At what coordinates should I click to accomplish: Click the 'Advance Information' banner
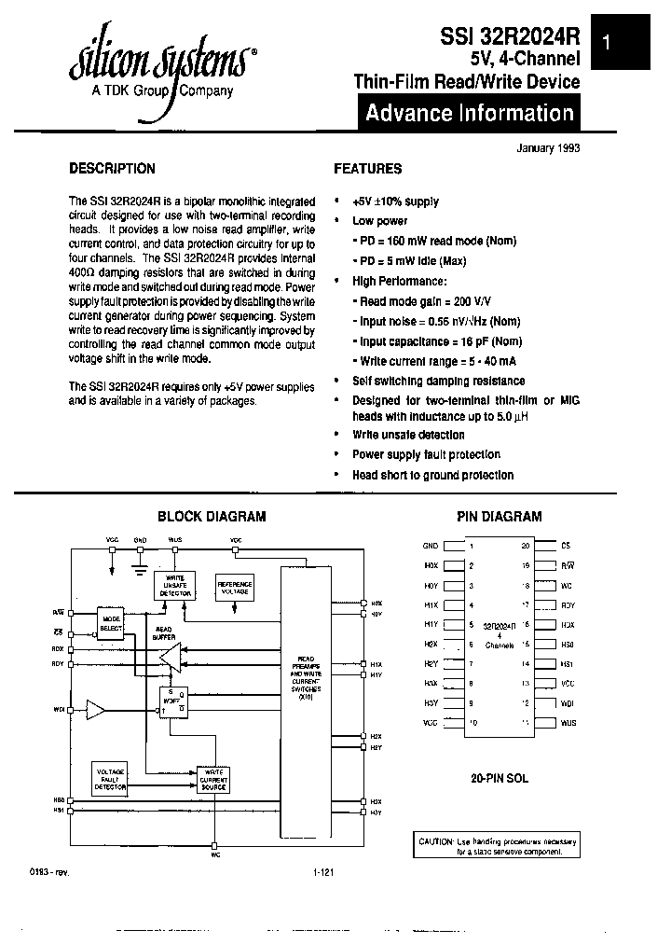(469, 114)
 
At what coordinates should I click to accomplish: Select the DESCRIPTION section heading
(113, 169)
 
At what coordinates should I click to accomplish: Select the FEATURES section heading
(368, 169)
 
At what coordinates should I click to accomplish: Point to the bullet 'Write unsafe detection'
(407, 435)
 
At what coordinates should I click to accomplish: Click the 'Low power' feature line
(379, 221)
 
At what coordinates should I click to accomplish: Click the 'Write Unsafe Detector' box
(174, 586)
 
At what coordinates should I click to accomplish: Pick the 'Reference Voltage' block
(234, 586)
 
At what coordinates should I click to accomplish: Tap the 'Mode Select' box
(112, 623)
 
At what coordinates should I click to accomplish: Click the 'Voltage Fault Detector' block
(112, 778)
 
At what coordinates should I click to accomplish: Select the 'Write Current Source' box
(212, 778)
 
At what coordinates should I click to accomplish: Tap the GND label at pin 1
(430, 546)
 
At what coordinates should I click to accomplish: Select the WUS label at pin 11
(568, 723)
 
